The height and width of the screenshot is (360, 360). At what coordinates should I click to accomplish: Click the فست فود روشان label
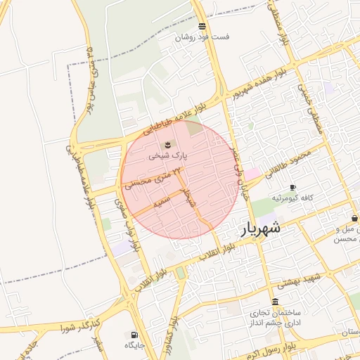click(202, 37)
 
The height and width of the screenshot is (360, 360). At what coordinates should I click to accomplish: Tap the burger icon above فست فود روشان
click(202, 26)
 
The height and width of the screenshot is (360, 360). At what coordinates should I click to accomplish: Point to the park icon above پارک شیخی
click(167, 145)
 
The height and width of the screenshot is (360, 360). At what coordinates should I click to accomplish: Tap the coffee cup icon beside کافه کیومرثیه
click(292, 188)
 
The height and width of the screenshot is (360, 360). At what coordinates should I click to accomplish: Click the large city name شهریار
click(262, 229)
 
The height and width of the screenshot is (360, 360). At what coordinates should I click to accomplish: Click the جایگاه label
click(134, 345)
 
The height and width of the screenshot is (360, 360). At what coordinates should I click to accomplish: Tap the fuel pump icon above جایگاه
click(134, 335)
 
